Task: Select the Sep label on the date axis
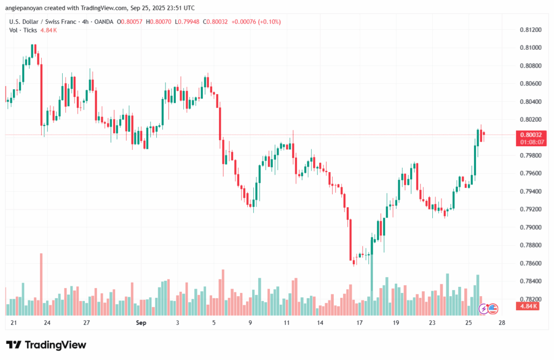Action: point(141,323)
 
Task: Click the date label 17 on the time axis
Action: point(359,323)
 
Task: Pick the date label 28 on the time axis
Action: point(502,323)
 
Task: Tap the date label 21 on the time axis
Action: point(14,323)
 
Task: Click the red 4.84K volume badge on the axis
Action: point(527,306)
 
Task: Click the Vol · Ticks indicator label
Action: point(23,30)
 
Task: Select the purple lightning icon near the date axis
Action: point(483,309)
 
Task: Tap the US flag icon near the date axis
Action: point(492,309)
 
